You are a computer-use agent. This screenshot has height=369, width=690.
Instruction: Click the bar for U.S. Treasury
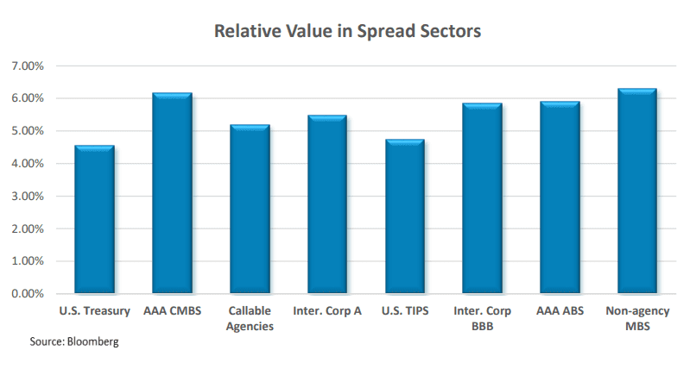pyautogui.click(x=94, y=220)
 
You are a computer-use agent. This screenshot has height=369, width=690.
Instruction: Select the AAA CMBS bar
pyautogui.click(x=172, y=193)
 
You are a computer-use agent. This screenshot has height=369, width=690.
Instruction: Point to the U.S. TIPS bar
pyautogui.click(x=404, y=216)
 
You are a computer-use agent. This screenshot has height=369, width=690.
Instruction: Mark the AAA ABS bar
pyautogui.click(x=560, y=197)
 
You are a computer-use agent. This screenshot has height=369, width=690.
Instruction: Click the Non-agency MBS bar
pyautogui.click(x=637, y=191)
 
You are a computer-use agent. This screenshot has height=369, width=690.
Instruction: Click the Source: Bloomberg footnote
pyautogui.click(x=75, y=342)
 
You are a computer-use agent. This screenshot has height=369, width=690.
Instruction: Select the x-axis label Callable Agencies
pyautogui.click(x=250, y=318)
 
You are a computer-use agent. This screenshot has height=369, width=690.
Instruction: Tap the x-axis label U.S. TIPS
pyautogui.click(x=404, y=310)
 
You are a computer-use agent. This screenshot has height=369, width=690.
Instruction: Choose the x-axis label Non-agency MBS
pyautogui.click(x=637, y=318)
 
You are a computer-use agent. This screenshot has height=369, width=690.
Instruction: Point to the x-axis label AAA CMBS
pyautogui.click(x=172, y=310)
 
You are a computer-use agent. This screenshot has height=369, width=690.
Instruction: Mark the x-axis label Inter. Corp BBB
pyautogui.click(x=482, y=318)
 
